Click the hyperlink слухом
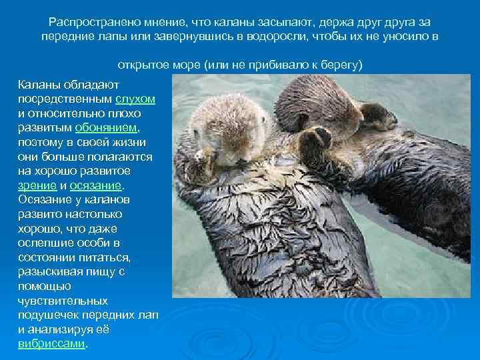point(135,99)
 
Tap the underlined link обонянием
point(107,128)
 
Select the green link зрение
point(33,185)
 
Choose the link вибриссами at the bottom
point(51,344)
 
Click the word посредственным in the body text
point(65,99)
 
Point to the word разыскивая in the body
point(49,272)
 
